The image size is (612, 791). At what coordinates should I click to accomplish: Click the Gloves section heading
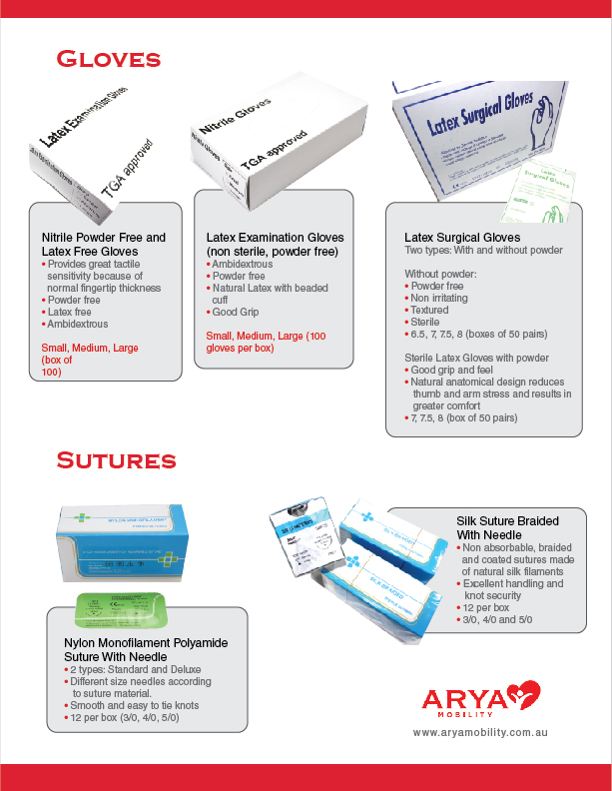(109, 59)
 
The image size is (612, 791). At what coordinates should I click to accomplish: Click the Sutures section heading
(116, 460)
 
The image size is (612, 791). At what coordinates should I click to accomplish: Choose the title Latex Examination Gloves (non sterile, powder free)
(275, 245)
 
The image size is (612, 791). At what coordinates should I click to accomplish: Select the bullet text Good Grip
(236, 312)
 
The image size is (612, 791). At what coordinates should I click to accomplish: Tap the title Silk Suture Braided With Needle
(507, 528)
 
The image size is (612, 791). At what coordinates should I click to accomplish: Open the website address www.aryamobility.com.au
(480, 733)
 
